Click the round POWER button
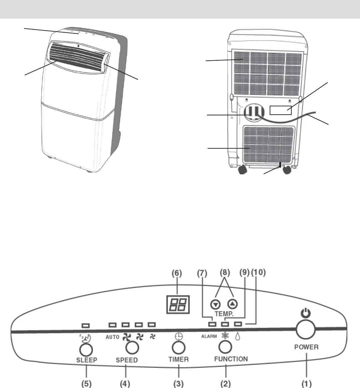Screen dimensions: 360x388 pyautogui.click(x=305, y=330)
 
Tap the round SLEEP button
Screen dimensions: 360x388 pyautogui.click(x=86, y=349)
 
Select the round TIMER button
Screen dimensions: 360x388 pyautogui.click(x=178, y=348)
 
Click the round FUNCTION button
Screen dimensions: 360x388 pyautogui.click(x=225, y=346)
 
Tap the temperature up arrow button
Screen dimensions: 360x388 pyautogui.click(x=233, y=304)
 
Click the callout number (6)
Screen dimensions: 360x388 pyautogui.click(x=177, y=273)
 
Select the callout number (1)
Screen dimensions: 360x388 pyautogui.click(x=306, y=383)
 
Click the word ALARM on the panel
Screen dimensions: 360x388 pyautogui.click(x=209, y=336)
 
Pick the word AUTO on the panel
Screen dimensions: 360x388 pyautogui.click(x=112, y=337)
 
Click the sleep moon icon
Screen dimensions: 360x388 pyautogui.click(x=86, y=338)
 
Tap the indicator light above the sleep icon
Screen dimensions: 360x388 pyautogui.click(x=86, y=325)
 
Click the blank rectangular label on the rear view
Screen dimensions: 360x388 pyautogui.click(x=280, y=110)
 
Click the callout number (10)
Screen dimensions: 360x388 pyautogui.click(x=258, y=273)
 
